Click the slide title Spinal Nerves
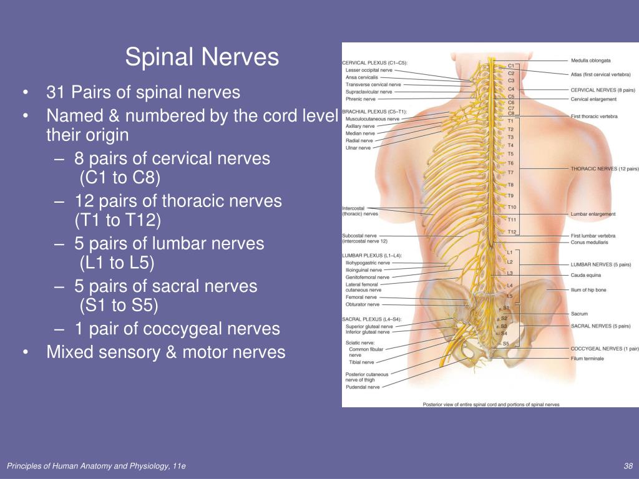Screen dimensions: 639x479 click(202, 57)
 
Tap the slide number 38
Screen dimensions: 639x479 click(628, 467)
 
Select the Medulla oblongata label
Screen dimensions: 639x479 click(590, 60)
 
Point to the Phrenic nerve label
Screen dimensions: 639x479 click(361, 99)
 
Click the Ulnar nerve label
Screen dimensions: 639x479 click(358, 148)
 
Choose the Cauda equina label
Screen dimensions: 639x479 click(586, 275)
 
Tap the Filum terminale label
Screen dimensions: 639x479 click(587, 359)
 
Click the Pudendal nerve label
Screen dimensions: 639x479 click(363, 387)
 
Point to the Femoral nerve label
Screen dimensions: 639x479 click(361, 298)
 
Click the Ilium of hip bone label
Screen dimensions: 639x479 click(588, 290)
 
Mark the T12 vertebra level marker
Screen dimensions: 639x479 click(512, 231)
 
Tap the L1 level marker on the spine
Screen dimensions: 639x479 click(510, 252)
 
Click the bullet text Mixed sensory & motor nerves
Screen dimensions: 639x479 click(165, 352)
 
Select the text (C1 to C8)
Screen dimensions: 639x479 click(120, 178)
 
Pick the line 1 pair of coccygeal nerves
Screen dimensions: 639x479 click(177, 329)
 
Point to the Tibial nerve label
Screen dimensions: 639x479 click(361, 362)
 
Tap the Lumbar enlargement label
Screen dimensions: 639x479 click(593, 214)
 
